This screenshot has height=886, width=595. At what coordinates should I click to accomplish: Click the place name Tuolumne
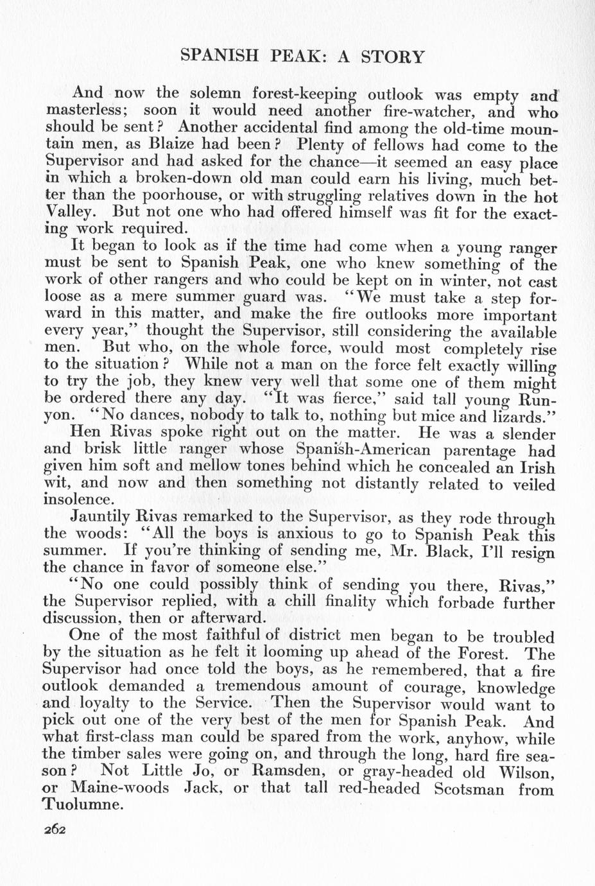(82, 805)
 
